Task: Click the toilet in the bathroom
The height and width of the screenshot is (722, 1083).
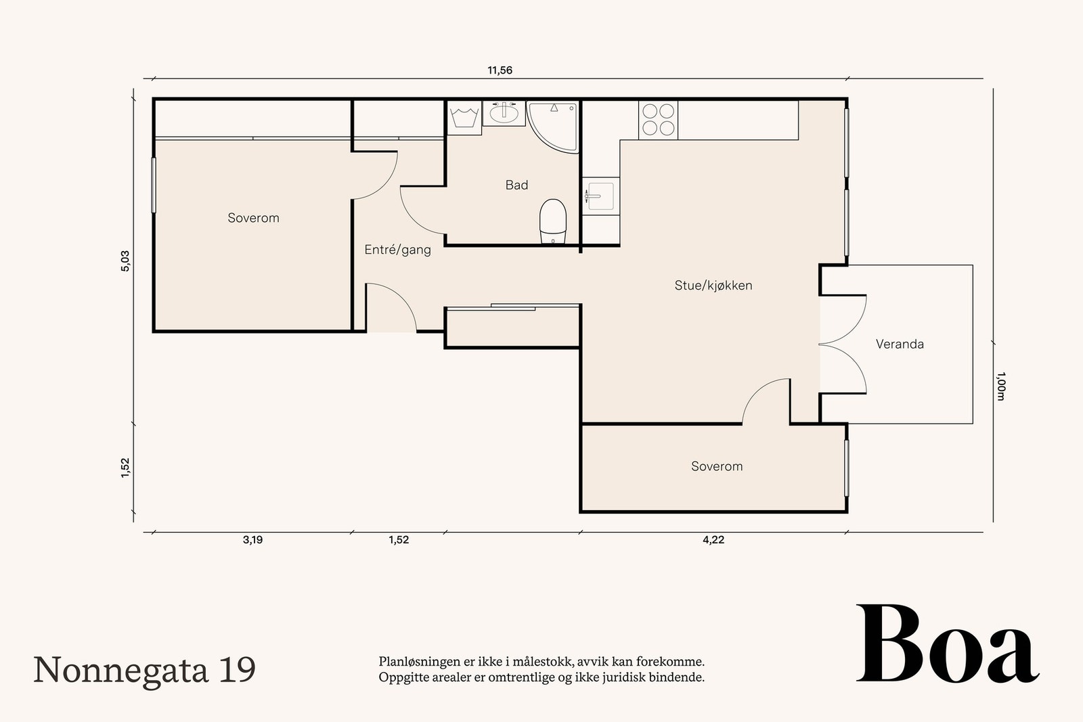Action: pos(552,221)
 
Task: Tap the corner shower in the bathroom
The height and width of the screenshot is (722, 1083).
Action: pos(552,127)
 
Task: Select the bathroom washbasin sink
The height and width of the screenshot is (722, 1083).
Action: pos(504,113)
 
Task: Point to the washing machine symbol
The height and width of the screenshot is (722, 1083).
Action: pos(464,118)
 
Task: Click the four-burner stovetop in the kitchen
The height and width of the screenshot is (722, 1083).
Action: pos(658,120)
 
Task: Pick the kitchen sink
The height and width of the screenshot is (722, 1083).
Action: pos(600,196)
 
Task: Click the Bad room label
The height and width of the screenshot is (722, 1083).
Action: pos(516,185)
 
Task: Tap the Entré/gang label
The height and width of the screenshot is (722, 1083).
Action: pos(397,250)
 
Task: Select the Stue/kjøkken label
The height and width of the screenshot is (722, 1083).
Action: pos(713,286)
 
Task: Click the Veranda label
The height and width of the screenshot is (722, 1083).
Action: pos(900,344)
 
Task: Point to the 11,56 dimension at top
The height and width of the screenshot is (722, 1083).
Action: pos(500,70)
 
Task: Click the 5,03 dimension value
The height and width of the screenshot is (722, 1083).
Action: pos(125,261)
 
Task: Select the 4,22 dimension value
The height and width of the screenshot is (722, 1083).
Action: pos(713,540)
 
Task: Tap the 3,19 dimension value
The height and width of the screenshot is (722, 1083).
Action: pos(253,540)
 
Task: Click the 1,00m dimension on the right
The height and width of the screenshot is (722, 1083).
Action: pos(1001,386)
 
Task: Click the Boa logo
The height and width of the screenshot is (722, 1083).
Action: pos(948,644)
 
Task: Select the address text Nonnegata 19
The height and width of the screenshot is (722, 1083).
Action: pos(144,670)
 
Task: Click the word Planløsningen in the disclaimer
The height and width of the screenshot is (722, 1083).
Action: pos(417,662)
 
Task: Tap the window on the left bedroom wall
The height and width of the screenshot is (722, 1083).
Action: pos(154,185)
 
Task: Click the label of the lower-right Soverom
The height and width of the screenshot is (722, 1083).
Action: pos(717,466)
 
